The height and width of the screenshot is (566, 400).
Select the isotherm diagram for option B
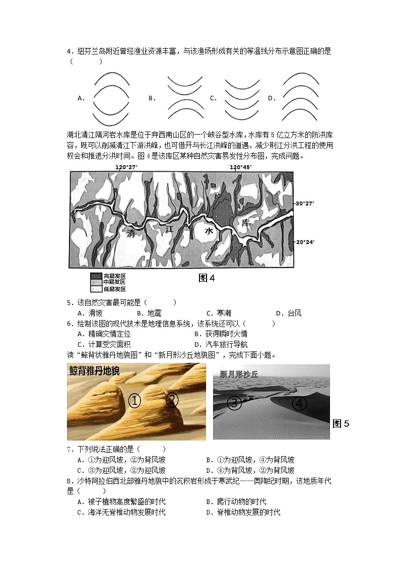[x=185, y=98]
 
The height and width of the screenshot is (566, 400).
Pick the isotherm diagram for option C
[x=242, y=98]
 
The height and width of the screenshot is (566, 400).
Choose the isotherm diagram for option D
[x=301, y=98]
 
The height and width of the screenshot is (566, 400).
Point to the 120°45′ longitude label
[x=240, y=167]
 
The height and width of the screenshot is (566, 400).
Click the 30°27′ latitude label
[x=305, y=203]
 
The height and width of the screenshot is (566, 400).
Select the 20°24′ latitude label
[x=305, y=242]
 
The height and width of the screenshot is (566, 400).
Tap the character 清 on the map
[x=131, y=233]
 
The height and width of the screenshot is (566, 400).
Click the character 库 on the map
[x=246, y=222]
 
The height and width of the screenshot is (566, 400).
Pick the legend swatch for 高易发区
[x=96, y=276]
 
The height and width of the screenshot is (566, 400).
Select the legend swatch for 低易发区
[x=96, y=289]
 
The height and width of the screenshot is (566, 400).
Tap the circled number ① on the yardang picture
[x=135, y=401]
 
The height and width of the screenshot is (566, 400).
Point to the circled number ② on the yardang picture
[x=172, y=400]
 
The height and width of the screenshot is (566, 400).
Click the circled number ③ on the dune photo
[x=235, y=403]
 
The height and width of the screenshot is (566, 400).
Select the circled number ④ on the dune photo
[x=299, y=404]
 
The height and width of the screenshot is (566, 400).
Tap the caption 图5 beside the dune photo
[x=341, y=423]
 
